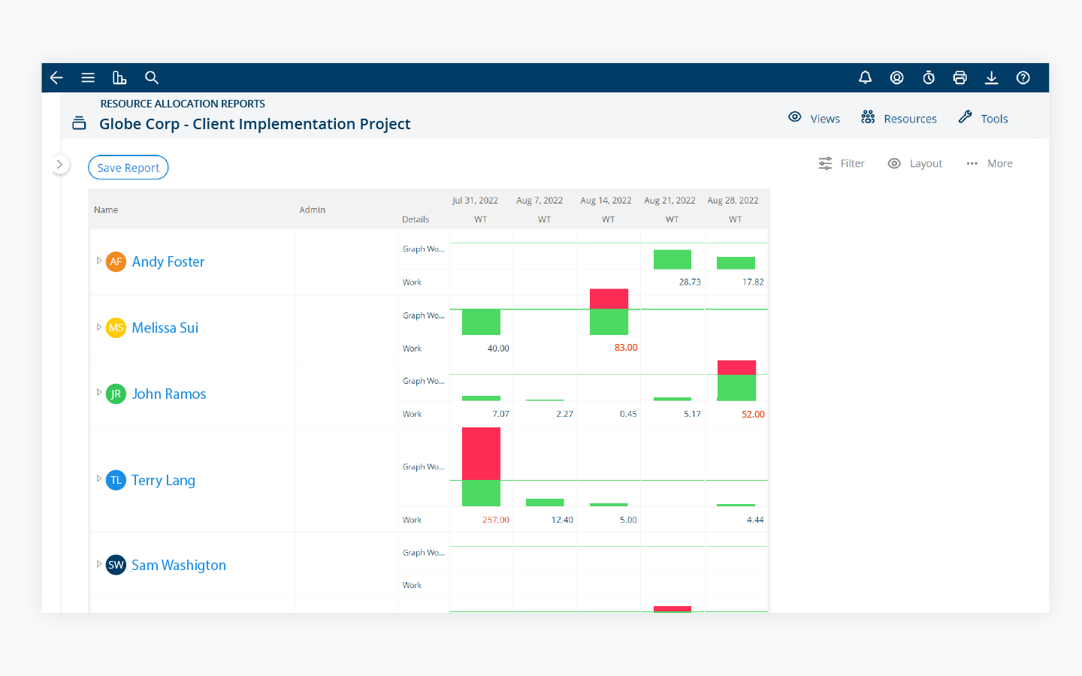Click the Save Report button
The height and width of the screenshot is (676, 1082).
[x=128, y=167]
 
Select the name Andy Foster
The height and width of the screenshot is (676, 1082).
[x=168, y=261]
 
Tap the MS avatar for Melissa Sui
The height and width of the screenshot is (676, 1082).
[x=116, y=327]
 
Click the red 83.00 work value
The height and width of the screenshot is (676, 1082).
[x=625, y=348]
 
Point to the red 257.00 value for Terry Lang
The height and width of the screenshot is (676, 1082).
[x=495, y=520]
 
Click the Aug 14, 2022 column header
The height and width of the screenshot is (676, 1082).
[x=606, y=201]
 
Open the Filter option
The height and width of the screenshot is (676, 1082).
[x=842, y=164]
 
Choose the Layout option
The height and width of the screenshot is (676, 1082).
[x=915, y=164]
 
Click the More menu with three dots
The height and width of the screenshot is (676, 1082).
[x=990, y=164]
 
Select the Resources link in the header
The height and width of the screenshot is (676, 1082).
[x=899, y=119]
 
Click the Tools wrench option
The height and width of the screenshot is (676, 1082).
[x=984, y=119]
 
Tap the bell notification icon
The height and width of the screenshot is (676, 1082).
[x=865, y=77]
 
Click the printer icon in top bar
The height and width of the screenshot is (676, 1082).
[x=960, y=77]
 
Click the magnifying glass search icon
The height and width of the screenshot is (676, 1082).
[x=152, y=77]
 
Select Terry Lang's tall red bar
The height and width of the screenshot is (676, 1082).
[x=481, y=453]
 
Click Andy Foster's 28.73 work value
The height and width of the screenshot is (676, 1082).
[x=689, y=282]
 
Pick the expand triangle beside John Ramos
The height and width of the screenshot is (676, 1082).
[x=98, y=393]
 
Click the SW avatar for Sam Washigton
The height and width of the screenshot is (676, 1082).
[x=116, y=565]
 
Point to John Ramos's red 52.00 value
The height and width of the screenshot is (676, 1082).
[x=752, y=415]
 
